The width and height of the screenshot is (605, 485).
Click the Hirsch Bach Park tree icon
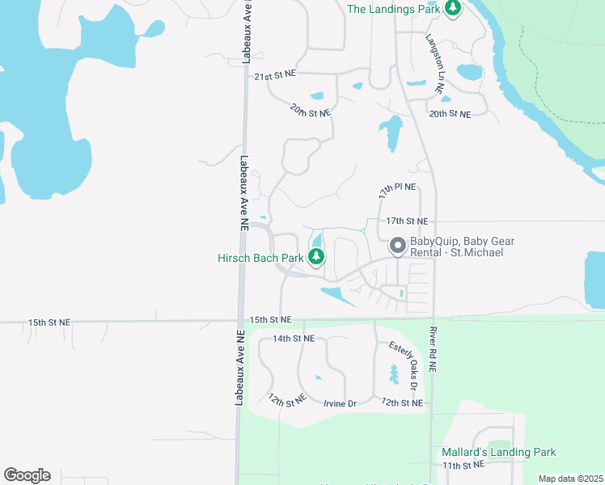click(x=317, y=258)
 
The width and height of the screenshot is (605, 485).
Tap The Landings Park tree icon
click(x=454, y=8)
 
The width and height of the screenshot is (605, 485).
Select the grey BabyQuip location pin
click(x=397, y=245)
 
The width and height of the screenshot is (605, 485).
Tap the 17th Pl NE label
click(x=397, y=192)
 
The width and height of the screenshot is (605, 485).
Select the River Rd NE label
click(x=433, y=348)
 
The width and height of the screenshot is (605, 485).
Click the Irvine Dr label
click(x=340, y=403)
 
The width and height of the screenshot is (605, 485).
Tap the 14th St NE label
click(x=293, y=338)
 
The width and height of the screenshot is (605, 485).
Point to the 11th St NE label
click(x=463, y=466)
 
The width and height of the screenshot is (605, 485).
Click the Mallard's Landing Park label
click(x=499, y=452)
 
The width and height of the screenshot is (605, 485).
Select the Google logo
click(x=27, y=475)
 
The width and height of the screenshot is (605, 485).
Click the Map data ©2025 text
click(x=570, y=479)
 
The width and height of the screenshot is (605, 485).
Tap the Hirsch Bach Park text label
click(x=260, y=258)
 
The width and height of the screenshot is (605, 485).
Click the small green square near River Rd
click(x=402, y=293)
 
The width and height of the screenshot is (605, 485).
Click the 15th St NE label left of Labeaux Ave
click(x=49, y=322)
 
